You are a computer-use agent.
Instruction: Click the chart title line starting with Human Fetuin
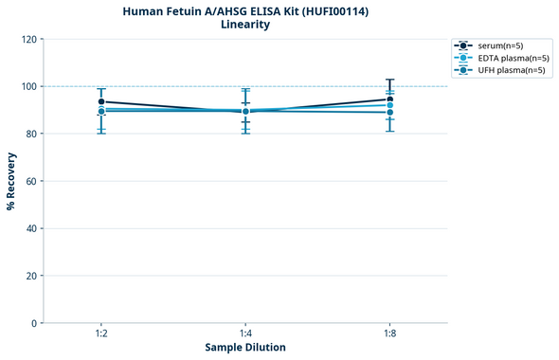[245, 11]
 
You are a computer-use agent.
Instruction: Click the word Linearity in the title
[245, 25]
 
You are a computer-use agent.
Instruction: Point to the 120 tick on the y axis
[27, 39]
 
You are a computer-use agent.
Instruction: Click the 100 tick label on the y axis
[27, 86]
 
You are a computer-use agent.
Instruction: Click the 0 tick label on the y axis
[33, 323]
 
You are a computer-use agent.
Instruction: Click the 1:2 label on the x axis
[101, 334]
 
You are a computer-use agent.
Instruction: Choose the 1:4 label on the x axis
[245, 334]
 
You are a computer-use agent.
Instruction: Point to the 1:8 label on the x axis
[389, 334]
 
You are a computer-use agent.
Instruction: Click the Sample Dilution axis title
[245, 348]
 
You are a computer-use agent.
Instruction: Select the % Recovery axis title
[11, 181]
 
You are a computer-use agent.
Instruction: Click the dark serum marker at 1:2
[101, 101]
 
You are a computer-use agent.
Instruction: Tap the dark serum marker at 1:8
[389, 99]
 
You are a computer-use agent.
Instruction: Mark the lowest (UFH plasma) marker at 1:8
[389, 113]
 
